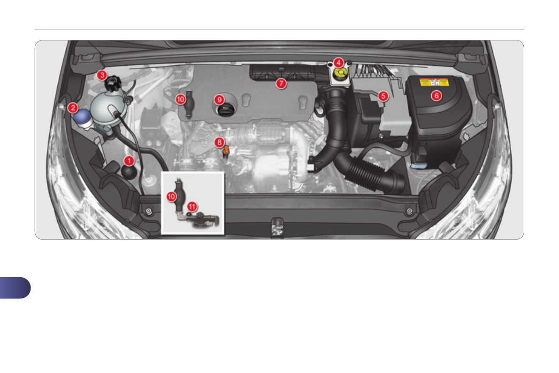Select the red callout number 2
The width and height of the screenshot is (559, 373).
tap(72, 108)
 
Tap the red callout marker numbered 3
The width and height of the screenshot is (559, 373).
tap(102, 75)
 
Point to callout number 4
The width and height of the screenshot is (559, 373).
tap(338, 62)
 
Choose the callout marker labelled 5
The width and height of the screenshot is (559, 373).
tap(383, 96)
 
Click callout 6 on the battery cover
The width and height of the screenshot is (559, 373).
tap(436, 95)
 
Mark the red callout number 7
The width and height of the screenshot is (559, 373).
tap(281, 84)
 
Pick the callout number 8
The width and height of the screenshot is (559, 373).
tap(219, 141)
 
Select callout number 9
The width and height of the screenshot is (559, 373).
tap(218, 99)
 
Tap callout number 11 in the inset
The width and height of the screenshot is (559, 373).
tap(192, 206)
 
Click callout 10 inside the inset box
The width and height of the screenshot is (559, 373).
tap(172, 197)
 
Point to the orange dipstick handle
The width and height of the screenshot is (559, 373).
tap(226, 150)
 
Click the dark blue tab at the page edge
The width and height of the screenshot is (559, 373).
tap(14, 288)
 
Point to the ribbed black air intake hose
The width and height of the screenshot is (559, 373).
tap(371, 173)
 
